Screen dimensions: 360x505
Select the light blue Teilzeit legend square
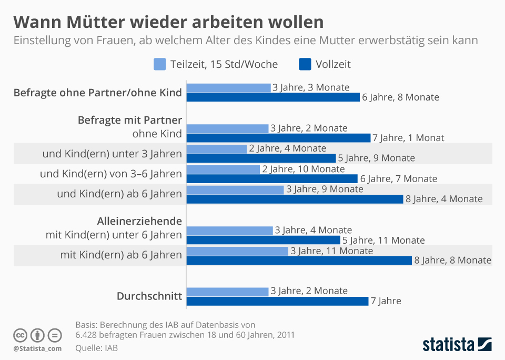click(x=160, y=64)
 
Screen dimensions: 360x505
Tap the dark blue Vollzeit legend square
click(x=305, y=64)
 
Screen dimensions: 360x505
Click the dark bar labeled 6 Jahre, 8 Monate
click(x=273, y=97)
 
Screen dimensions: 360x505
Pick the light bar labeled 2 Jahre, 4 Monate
click(x=217, y=148)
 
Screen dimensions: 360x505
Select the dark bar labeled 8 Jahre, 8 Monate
click(x=299, y=260)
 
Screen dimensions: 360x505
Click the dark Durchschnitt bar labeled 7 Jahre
click(x=277, y=301)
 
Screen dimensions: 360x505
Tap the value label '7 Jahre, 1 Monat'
click(x=408, y=138)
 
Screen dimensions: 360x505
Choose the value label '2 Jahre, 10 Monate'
click(x=304, y=169)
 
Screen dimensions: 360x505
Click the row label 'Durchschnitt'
click(x=149, y=296)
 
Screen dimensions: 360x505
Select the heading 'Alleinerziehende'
click(x=139, y=221)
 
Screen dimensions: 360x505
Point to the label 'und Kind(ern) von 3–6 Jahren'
click(x=111, y=174)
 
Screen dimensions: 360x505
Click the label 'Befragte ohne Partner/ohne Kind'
click(x=97, y=93)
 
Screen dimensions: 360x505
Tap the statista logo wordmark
click(x=448, y=345)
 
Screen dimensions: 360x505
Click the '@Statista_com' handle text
click(x=37, y=348)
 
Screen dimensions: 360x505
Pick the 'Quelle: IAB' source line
click(x=96, y=348)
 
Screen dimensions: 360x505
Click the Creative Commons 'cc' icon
click(x=20, y=335)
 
